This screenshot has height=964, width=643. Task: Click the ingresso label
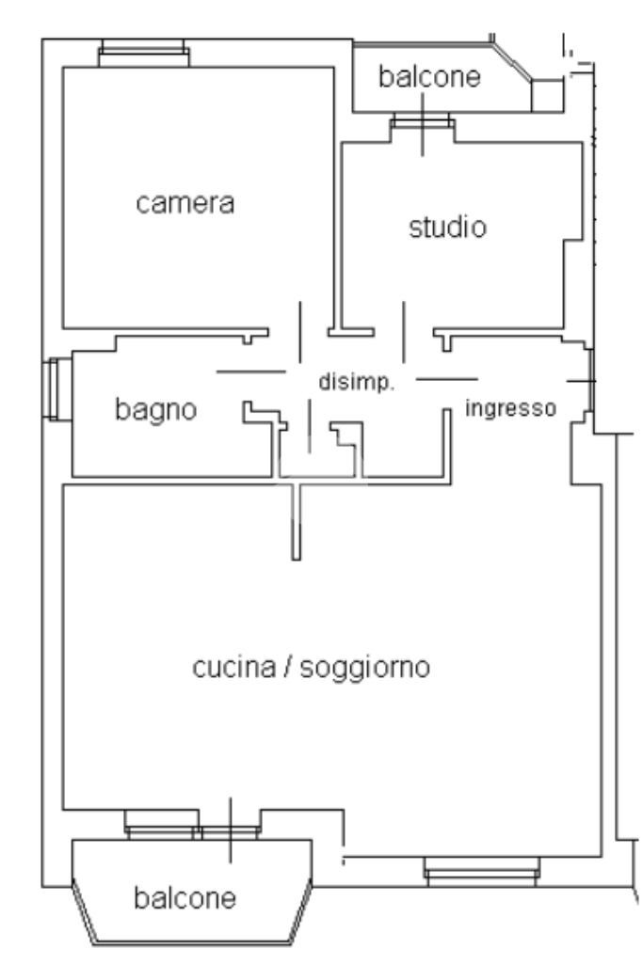[512, 409]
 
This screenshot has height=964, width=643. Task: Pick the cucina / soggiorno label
[311, 669]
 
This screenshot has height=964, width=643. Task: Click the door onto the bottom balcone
[230, 830]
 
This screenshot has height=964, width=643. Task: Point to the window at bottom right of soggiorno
[482, 871]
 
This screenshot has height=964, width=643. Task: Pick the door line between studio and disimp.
[403, 332]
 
